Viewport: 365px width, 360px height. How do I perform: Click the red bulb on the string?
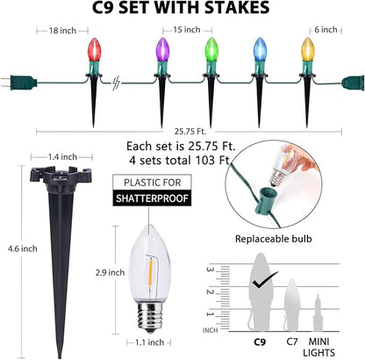[x=95, y=49]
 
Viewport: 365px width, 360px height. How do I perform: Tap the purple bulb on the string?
[x=162, y=49]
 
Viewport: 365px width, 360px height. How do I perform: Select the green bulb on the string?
[x=211, y=49]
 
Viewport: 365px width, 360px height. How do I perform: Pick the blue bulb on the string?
[x=260, y=49]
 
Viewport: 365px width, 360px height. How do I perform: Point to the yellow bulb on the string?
[x=308, y=49]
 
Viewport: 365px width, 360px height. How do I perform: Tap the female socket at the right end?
[x=353, y=83]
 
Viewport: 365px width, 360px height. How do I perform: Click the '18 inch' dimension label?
[x=62, y=31]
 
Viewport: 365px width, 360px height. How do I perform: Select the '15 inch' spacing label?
[x=187, y=30]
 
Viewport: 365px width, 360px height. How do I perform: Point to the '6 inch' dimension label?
[x=326, y=30]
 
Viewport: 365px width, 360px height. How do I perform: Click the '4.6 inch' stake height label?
[x=23, y=248]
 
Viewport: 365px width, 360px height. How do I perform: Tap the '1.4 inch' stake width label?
[x=62, y=157]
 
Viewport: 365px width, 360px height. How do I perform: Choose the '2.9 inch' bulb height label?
[x=110, y=272]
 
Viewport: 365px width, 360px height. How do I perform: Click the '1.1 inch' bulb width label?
[x=149, y=342]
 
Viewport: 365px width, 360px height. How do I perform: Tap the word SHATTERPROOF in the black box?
[x=152, y=198]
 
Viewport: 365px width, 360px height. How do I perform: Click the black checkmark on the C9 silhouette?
[x=265, y=279]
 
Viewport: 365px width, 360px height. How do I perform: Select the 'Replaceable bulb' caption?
[x=274, y=239]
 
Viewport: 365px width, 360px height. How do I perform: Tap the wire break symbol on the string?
[x=116, y=83]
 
